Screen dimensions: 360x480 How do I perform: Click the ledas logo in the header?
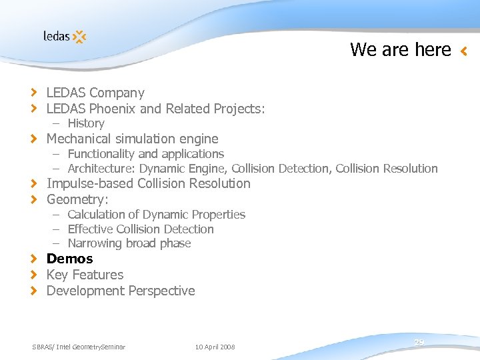(65, 36)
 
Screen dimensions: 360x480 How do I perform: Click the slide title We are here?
(401, 49)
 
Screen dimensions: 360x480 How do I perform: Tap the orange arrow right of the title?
(464, 51)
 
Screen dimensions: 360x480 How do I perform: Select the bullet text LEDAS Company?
(95, 93)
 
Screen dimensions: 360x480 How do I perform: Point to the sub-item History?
(85, 123)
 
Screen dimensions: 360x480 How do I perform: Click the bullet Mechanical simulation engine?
(132, 139)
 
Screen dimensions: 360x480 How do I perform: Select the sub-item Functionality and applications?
(145, 154)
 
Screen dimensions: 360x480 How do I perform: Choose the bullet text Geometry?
(77, 199)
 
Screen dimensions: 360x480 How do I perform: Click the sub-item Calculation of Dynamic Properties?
(156, 215)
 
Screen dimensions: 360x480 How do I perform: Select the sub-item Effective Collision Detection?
(140, 229)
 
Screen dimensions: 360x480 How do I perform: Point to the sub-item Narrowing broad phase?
(129, 243)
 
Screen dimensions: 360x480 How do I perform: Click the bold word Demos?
(69, 259)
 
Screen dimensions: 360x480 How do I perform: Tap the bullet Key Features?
(85, 275)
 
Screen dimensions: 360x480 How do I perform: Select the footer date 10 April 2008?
(215, 347)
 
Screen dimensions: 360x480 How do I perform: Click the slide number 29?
(419, 342)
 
